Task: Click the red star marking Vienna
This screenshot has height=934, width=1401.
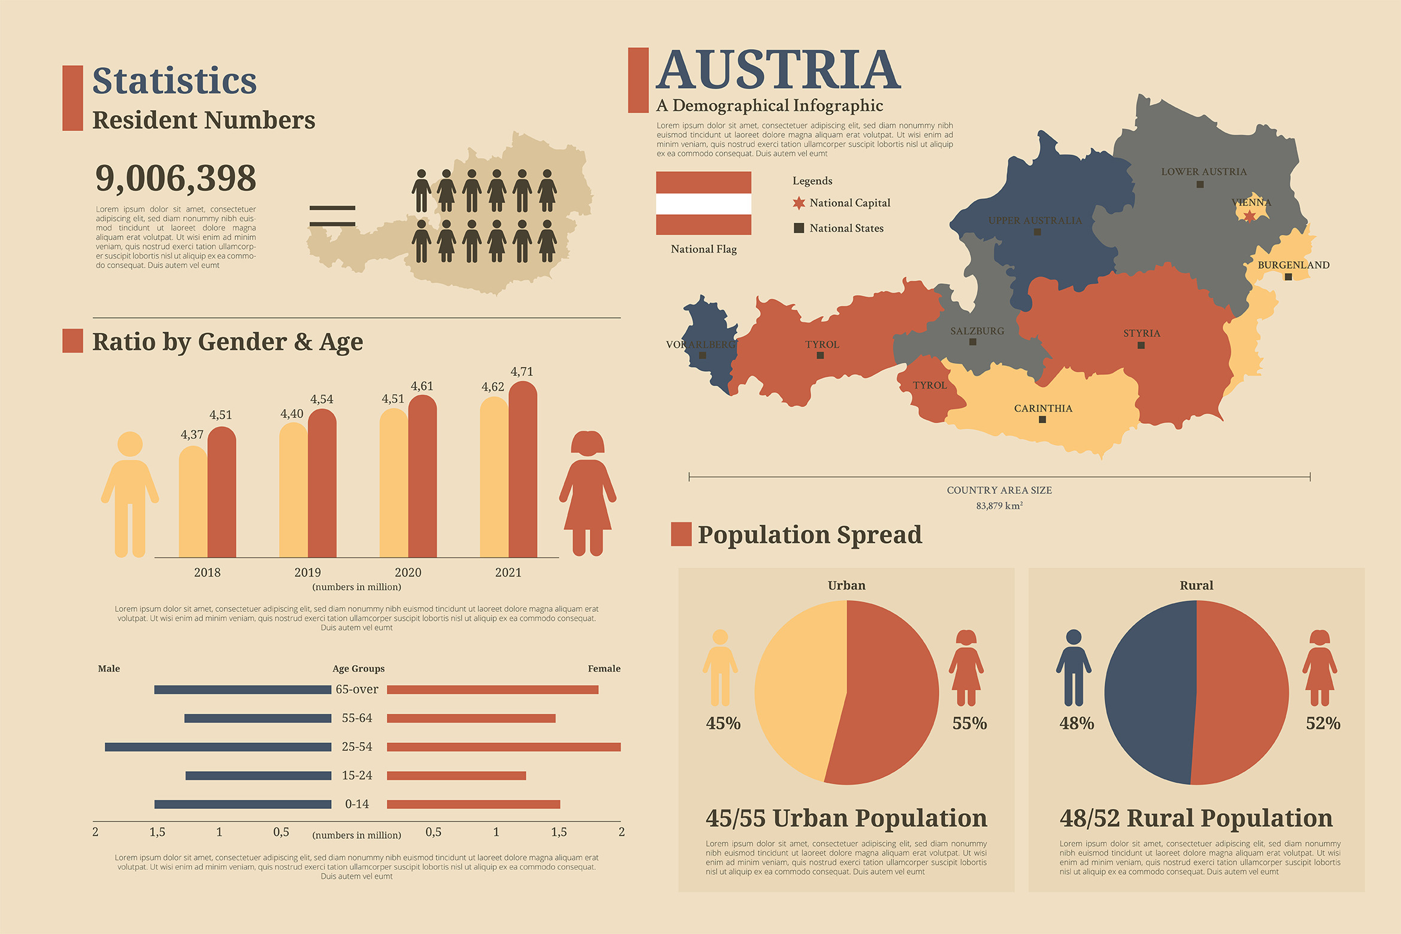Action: (x=1250, y=216)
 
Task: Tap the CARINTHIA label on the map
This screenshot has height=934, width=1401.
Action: (x=1043, y=408)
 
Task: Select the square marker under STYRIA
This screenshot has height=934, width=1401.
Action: (x=1141, y=345)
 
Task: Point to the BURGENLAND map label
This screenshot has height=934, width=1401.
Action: (x=1293, y=265)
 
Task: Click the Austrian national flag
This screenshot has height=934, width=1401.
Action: (x=703, y=203)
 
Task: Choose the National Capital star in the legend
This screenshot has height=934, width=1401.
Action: (x=799, y=203)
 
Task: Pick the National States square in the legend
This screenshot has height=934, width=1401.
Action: (x=799, y=228)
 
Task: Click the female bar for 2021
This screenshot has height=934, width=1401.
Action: (x=523, y=473)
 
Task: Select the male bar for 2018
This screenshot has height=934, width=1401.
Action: (x=193, y=503)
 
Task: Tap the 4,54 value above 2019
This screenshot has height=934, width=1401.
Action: (x=322, y=399)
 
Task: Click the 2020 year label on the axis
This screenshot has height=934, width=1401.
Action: (x=408, y=572)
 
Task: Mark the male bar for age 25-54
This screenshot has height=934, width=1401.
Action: (x=218, y=747)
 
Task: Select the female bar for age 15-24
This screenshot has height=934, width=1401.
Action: (x=456, y=776)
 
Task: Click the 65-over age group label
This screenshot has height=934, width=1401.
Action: (x=357, y=690)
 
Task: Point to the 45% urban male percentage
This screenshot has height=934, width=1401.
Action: (x=723, y=723)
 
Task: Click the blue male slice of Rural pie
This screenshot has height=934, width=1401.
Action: (x=1150, y=693)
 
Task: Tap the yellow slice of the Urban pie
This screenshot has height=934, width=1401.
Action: (x=799, y=689)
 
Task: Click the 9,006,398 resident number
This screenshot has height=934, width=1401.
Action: (x=175, y=178)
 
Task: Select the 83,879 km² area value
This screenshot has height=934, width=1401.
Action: (x=999, y=506)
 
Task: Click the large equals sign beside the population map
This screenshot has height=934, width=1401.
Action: (x=332, y=216)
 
